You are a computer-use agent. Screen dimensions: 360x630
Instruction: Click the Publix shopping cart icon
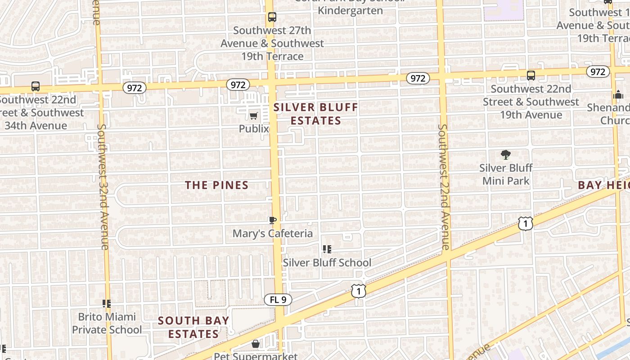click(253, 116)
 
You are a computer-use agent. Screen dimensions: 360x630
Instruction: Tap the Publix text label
click(254, 129)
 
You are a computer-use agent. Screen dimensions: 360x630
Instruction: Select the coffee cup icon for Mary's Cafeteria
click(272, 220)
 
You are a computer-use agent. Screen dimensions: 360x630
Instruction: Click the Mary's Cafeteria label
click(272, 234)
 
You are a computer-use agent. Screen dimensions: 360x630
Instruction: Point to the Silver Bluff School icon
click(327, 249)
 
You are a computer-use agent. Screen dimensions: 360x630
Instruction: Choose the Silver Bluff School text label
click(327, 263)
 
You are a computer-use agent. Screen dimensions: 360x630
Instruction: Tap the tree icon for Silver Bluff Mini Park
click(506, 155)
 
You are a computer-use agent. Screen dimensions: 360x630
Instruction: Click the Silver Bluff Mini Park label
click(506, 174)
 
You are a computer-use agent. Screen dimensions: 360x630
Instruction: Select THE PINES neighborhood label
click(217, 185)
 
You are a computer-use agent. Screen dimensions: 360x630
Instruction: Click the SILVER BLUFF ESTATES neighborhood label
click(316, 114)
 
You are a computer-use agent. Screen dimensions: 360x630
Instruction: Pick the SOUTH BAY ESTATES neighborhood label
click(193, 327)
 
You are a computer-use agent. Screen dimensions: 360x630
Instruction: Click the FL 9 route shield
click(278, 300)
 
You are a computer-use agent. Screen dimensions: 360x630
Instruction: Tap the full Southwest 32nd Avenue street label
click(103, 187)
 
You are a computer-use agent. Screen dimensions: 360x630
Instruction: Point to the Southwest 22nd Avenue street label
click(444, 187)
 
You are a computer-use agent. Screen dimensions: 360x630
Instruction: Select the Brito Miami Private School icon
click(107, 304)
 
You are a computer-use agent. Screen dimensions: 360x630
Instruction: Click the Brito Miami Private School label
click(107, 323)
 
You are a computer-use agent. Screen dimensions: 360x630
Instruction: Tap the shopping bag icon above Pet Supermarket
click(256, 344)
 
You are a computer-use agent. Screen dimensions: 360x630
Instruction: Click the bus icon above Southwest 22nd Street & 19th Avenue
click(531, 75)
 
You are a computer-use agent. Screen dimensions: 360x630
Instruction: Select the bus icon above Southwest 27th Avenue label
click(272, 17)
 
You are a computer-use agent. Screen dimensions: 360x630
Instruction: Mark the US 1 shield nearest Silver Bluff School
click(359, 291)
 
